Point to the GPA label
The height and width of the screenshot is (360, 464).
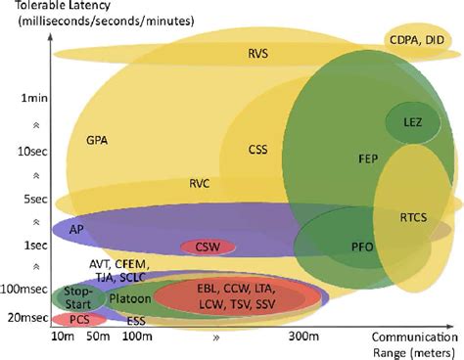pos(97,139)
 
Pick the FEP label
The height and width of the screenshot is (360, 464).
pos(341,157)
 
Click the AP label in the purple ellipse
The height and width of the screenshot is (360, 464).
pos(74,227)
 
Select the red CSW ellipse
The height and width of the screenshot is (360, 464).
pos(207,247)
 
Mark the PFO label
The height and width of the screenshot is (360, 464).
pos(335,247)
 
